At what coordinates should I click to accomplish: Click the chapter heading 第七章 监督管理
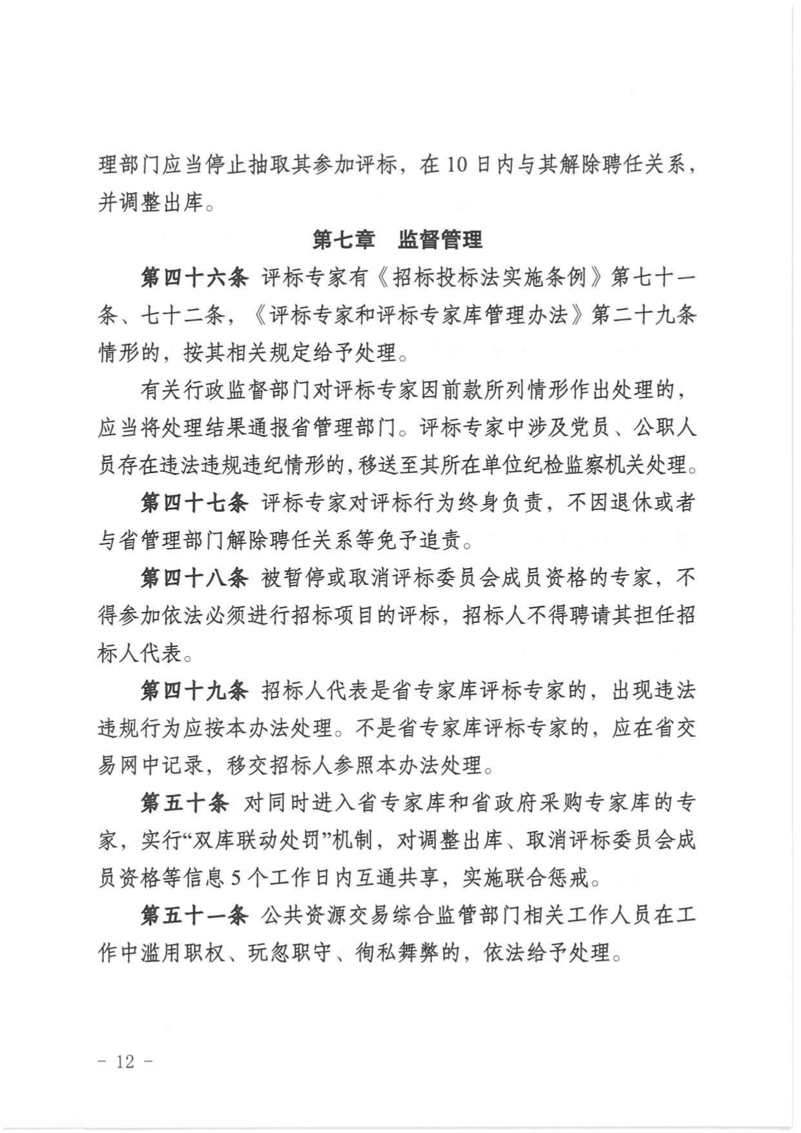[397, 240]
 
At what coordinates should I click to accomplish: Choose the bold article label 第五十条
[185, 803]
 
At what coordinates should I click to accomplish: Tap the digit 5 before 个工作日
[236, 878]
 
